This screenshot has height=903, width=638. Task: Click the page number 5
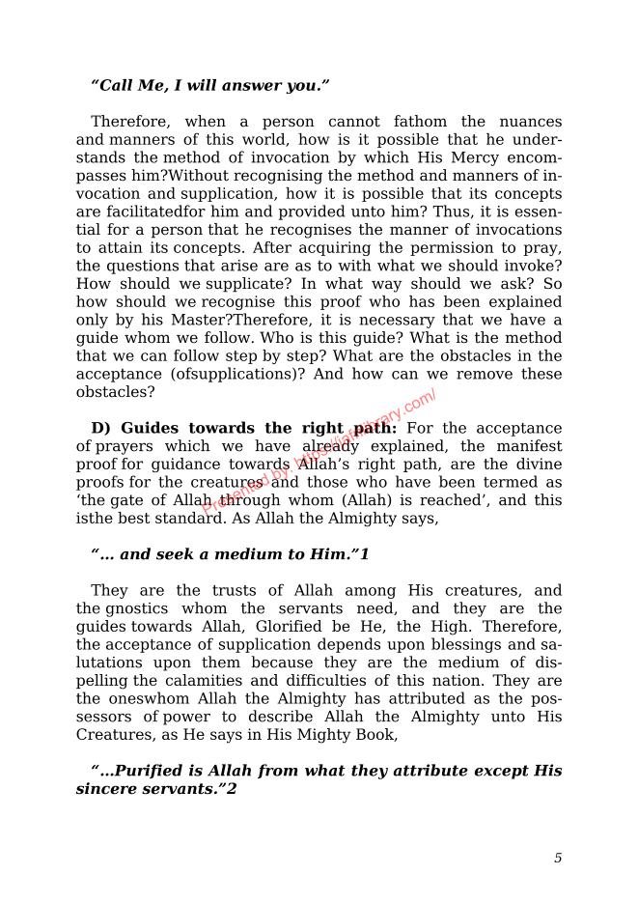point(558,858)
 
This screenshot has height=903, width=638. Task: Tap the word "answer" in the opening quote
point(253,86)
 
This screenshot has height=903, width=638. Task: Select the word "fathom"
point(420,122)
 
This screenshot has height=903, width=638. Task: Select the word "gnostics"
point(136,608)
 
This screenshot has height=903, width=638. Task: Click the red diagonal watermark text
point(319,450)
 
